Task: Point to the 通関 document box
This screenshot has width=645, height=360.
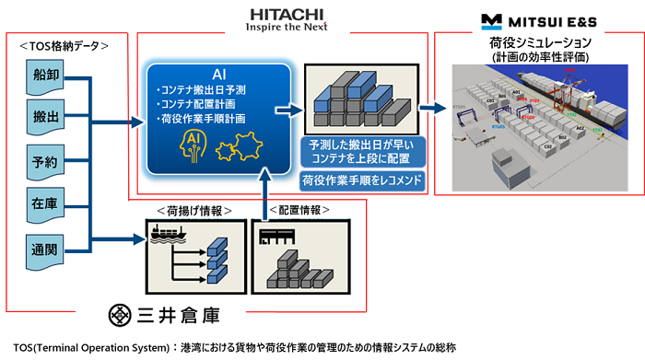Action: pos(45,247)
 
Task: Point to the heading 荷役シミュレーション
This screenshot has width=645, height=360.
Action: pos(539,43)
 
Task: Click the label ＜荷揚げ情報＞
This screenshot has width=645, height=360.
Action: pos(194,210)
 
